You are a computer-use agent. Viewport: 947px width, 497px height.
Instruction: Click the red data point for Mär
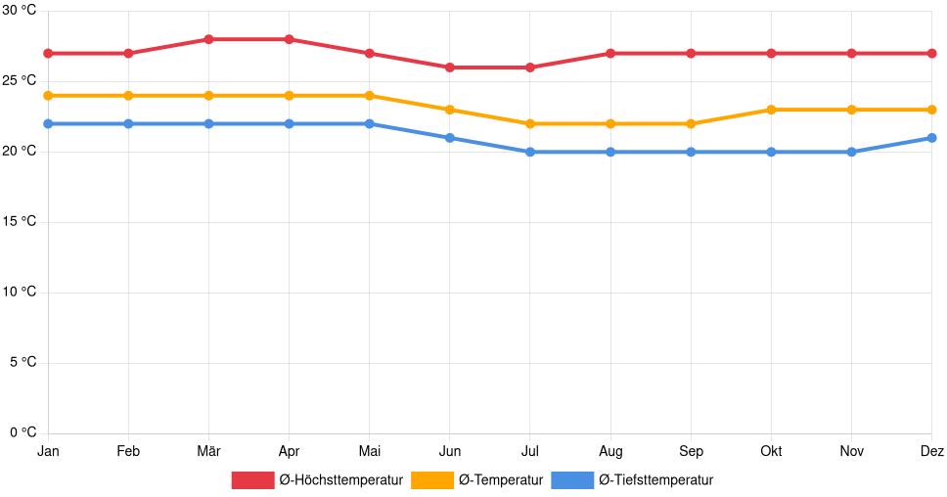(208, 39)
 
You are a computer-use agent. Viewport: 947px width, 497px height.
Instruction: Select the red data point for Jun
(450, 68)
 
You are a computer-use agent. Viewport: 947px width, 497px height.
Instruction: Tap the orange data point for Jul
(530, 123)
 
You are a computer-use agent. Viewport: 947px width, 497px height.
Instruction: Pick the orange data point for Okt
(771, 110)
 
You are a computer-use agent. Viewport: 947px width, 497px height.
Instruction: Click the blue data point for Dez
(931, 138)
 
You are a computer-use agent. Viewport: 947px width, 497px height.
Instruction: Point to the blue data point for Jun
(450, 138)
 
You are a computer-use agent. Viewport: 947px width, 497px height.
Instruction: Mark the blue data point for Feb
(128, 123)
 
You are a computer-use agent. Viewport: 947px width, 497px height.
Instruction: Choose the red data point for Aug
(610, 53)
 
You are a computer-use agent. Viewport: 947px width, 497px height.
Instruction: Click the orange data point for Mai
(369, 96)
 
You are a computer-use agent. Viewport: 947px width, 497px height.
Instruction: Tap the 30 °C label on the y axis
(19, 11)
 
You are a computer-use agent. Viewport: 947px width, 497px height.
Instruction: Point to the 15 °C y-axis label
(19, 222)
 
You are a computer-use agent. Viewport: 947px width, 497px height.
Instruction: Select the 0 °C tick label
(22, 432)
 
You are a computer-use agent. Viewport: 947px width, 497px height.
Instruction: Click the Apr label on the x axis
(289, 451)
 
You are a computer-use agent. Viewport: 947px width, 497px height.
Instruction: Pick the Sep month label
(691, 451)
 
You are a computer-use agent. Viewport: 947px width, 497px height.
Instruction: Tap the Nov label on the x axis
(851, 451)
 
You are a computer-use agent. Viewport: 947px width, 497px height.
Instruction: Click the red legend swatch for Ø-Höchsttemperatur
(252, 479)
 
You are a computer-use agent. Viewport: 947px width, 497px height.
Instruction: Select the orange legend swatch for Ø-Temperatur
(431, 479)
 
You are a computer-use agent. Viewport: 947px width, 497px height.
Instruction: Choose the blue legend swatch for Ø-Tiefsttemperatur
(572, 479)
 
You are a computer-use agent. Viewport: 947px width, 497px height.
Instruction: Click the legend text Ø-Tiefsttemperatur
(655, 479)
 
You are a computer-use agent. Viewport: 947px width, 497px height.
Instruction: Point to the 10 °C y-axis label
(19, 292)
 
